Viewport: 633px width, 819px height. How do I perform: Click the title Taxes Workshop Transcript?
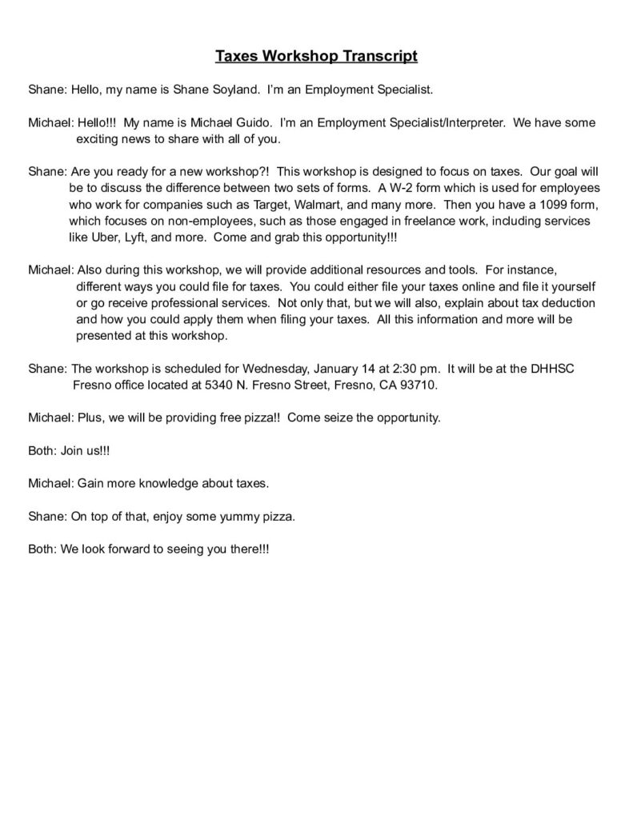point(316,56)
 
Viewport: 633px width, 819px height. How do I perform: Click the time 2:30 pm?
point(415,369)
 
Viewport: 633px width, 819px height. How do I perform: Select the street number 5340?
point(216,385)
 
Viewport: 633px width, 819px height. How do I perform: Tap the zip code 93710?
point(418,385)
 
